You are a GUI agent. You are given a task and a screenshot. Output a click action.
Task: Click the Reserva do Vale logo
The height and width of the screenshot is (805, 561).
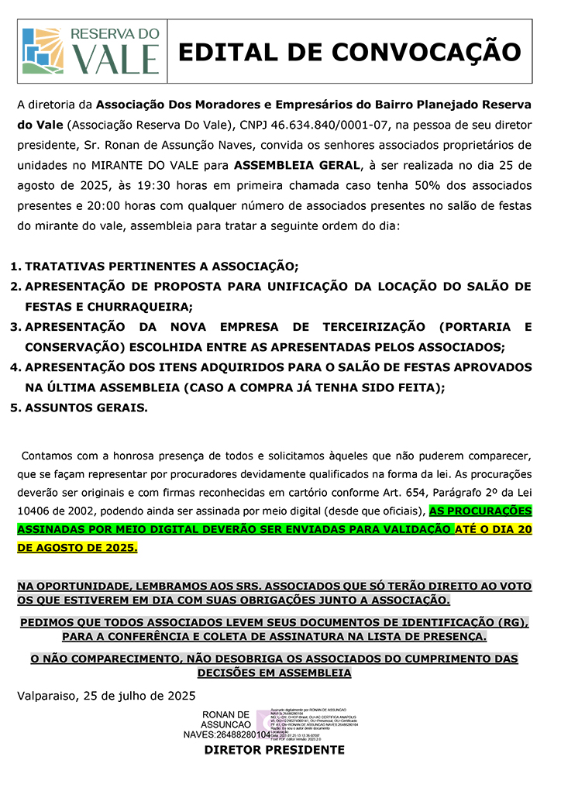[91, 51]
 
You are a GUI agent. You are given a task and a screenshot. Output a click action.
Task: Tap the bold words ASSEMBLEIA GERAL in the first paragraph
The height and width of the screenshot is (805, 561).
[297, 165]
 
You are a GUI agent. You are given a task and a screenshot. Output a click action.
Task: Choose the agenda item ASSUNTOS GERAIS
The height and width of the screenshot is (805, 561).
[86, 407]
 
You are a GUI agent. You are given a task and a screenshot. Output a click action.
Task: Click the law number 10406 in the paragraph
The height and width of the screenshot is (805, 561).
[35, 511]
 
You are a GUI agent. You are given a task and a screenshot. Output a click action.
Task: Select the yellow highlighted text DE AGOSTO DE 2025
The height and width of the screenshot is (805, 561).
[77, 548]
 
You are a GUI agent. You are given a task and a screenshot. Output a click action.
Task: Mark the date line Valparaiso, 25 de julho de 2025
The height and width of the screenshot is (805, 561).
[106, 695]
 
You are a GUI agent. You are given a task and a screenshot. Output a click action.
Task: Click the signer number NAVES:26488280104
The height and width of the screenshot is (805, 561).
[226, 734]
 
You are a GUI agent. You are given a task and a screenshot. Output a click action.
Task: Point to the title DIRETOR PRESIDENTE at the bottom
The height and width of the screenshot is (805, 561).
[274, 750]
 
